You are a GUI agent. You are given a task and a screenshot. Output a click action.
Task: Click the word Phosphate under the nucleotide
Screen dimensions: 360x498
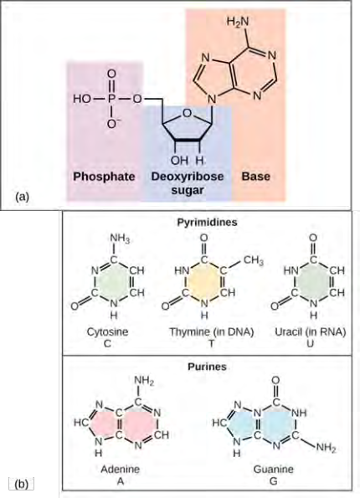(104, 177)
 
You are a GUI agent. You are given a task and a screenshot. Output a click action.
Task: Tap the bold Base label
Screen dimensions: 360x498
(256, 177)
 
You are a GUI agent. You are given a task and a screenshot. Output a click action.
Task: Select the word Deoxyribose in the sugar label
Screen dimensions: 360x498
(188, 177)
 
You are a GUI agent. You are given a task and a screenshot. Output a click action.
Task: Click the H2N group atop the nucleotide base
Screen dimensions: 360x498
(238, 22)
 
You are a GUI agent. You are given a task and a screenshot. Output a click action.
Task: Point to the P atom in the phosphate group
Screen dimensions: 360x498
(111, 99)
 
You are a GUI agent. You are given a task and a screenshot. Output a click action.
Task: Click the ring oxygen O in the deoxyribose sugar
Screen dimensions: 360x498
(188, 113)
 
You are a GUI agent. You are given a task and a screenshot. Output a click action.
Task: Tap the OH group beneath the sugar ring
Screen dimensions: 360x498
(179, 161)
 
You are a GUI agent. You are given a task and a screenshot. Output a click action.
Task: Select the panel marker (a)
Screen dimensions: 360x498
(22, 197)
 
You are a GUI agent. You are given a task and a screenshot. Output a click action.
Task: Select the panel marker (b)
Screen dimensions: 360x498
(22, 484)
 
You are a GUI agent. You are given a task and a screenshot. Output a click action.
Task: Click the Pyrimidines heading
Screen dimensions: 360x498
(207, 222)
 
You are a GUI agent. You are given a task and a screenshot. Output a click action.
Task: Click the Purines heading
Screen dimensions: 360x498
(207, 367)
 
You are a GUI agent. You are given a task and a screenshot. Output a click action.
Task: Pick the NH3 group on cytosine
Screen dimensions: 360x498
(120, 239)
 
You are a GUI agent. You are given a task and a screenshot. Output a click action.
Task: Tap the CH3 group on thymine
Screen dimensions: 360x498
(253, 261)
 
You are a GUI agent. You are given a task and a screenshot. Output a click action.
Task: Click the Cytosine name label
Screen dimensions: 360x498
(107, 332)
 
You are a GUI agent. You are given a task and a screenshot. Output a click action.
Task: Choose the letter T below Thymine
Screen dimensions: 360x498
(211, 343)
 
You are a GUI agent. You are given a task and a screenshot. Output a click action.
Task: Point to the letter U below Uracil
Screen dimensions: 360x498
(310, 343)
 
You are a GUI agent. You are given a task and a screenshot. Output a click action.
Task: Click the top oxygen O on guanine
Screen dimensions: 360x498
(275, 380)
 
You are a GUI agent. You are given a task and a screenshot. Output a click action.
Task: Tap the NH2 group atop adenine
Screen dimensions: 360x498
(144, 381)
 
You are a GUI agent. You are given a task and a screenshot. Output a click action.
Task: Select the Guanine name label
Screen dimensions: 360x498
(273, 469)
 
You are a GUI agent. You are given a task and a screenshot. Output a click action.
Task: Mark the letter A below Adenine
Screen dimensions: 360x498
(120, 481)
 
